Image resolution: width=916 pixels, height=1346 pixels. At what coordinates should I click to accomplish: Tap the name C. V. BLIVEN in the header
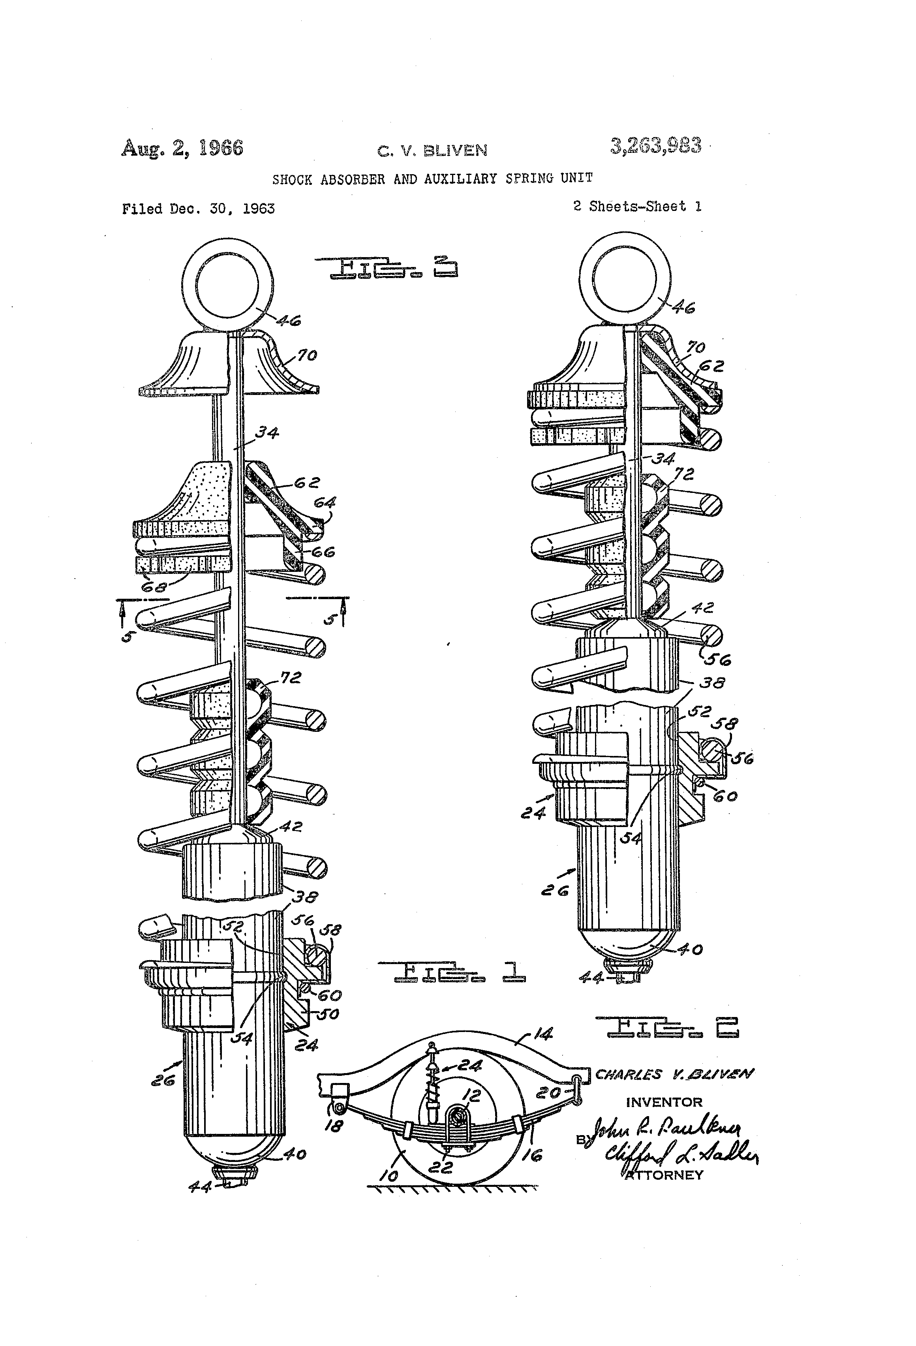coord(432,151)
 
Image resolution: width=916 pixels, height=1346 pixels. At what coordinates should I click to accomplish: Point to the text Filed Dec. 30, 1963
coord(198,209)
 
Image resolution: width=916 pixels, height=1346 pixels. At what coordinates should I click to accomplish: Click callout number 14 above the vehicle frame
coord(542,1033)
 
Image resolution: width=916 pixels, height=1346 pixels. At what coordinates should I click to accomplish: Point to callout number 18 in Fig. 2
coord(334,1126)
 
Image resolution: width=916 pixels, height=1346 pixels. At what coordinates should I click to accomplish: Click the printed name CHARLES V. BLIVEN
coord(674,1074)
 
